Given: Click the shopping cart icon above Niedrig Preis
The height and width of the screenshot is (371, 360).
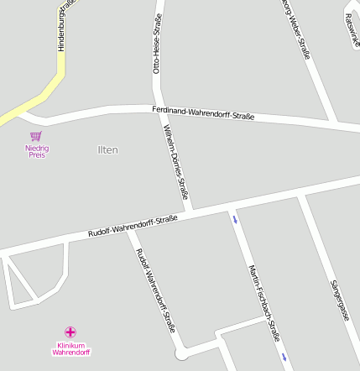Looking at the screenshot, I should click(x=36, y=136).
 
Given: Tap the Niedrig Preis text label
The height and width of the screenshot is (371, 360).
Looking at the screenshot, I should click(x=37, y=151).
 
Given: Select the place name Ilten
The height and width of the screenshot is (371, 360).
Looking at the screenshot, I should click(x=108, y=150).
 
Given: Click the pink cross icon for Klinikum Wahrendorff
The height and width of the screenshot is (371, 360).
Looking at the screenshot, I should click(x=70, y=332).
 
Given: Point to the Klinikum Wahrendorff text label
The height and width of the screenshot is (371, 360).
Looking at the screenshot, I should click(x=70, y=348).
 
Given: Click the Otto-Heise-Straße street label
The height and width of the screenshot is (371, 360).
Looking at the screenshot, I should click(x=157, y=44).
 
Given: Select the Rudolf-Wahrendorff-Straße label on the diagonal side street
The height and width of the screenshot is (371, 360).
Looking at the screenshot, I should click(x=156, y=290).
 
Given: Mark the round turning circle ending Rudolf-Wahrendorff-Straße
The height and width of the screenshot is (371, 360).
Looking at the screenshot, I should click(x=180, y=354).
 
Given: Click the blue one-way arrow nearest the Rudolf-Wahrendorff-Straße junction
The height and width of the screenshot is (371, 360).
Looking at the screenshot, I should click(x=235, y=220).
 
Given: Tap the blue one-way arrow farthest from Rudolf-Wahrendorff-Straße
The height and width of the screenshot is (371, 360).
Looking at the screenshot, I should click(x=284, y=357).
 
